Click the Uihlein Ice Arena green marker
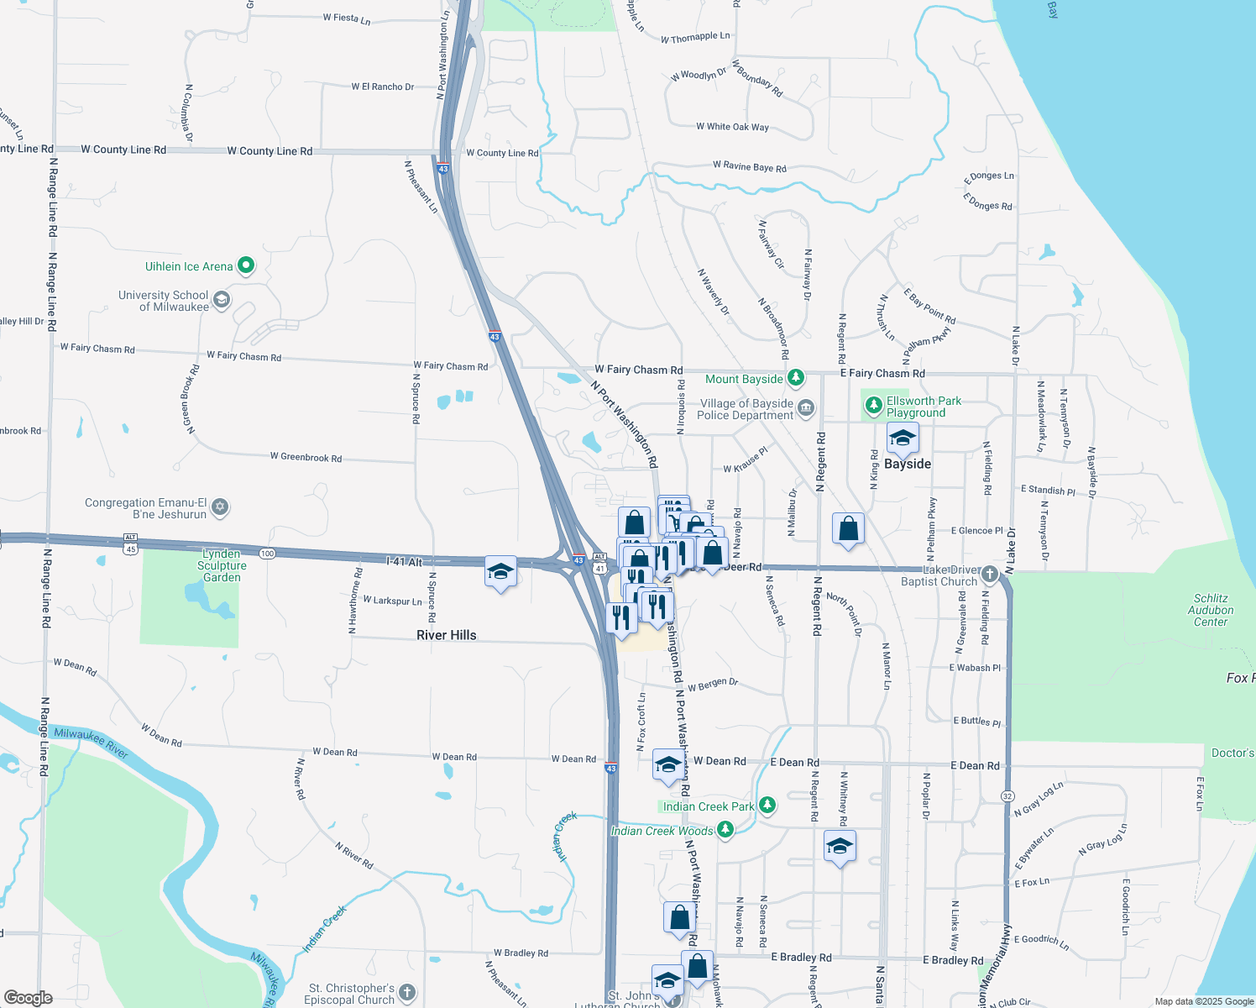pos(246,266)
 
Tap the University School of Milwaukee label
pos(163,301)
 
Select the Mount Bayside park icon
pos(796,379)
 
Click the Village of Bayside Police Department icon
pos(806,409)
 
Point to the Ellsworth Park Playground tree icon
pos(874,407)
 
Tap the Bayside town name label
pos(908,465)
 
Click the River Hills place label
pos(447,635)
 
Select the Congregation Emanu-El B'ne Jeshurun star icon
pos(220,507)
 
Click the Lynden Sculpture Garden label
pos(222,565)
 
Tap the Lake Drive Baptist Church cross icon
pos(990,575)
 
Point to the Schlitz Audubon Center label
pos(1211,610)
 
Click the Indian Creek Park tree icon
pos(767,806)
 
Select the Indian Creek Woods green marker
pos(725,831)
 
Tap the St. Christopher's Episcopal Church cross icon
pos(407,993)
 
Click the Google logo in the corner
pos(28,997)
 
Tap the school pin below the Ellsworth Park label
pos(903,438)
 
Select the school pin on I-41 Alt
pos(500,573)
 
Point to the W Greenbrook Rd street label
pos(306,458)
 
